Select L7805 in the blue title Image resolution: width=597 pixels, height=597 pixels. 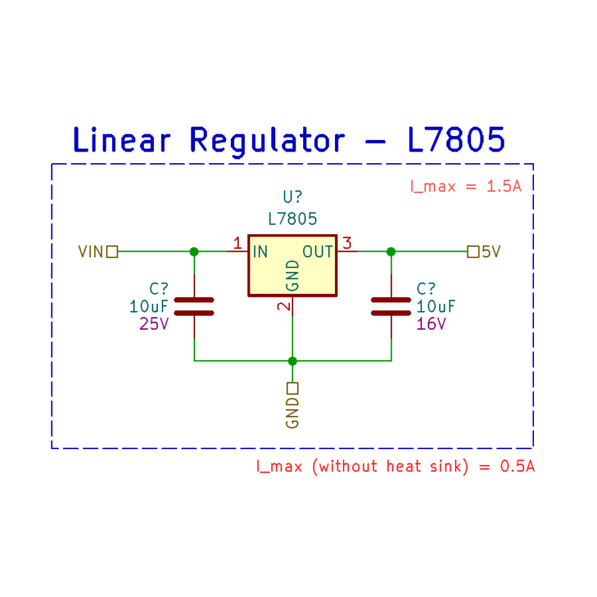pyautogui.click(x=456, y=141)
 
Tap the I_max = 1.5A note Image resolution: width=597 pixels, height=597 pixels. pyautogui.click(x=465, y=187)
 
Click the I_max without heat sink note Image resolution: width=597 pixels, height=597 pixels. pyautogui.click(x=396, y=466)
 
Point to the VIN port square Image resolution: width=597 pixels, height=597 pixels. pyautogui.click(x=112, y=252)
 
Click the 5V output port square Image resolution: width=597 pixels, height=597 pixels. pyautogui.click(x=473, y=252)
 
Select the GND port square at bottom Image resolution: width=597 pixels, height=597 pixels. pyautogui.click(x=292, y=388)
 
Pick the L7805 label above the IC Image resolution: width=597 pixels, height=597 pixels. pyautogui.click(x=292, y=219)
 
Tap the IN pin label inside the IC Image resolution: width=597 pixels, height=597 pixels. pyautogui.click(x=260, y=252)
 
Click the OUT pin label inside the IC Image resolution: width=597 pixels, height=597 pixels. pyautogui.click(x=318, y=252)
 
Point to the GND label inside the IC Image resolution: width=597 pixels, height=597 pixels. pyautogui.click(x=292, y=275)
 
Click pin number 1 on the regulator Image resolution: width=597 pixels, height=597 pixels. pyautogui.click(x=237, y=243)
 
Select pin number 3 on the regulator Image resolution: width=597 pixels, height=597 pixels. pyautogui.click(x=347, y=243)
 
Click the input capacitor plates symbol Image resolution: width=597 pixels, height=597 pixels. pyautogui.click(x=194, y=305)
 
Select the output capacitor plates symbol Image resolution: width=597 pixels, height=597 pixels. pyautogui.click(x=391, y=305)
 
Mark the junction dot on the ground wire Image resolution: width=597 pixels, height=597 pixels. pyautogui.click(x=292, y=361)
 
